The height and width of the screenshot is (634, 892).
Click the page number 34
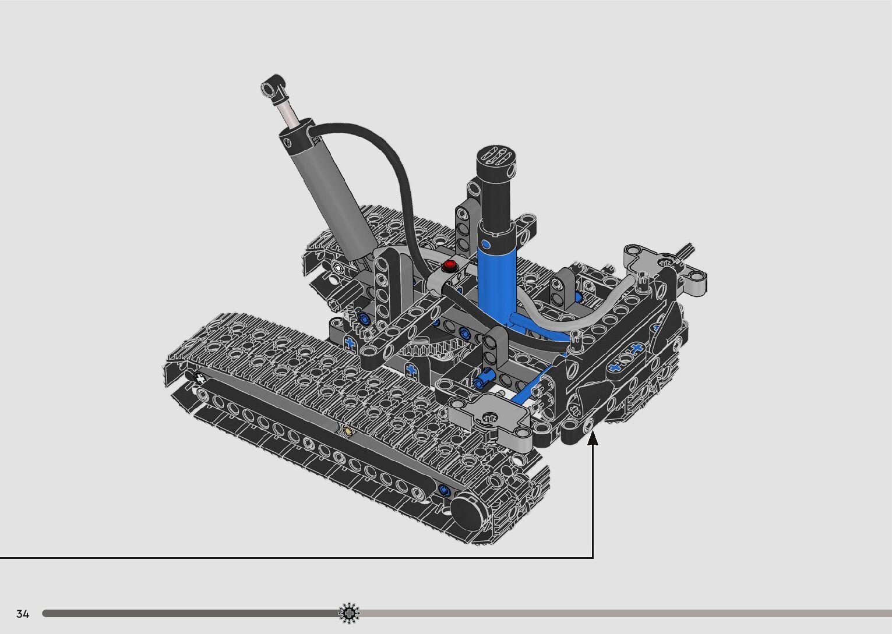pos(23,614)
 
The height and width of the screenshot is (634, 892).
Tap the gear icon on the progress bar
pos(349,613)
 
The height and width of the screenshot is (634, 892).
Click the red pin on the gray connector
pos(450,265)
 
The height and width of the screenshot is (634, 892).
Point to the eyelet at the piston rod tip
pos(273,87)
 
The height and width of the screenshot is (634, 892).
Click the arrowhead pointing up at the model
pos(593,438)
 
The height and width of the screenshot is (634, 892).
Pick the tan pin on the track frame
pos(348,431)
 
